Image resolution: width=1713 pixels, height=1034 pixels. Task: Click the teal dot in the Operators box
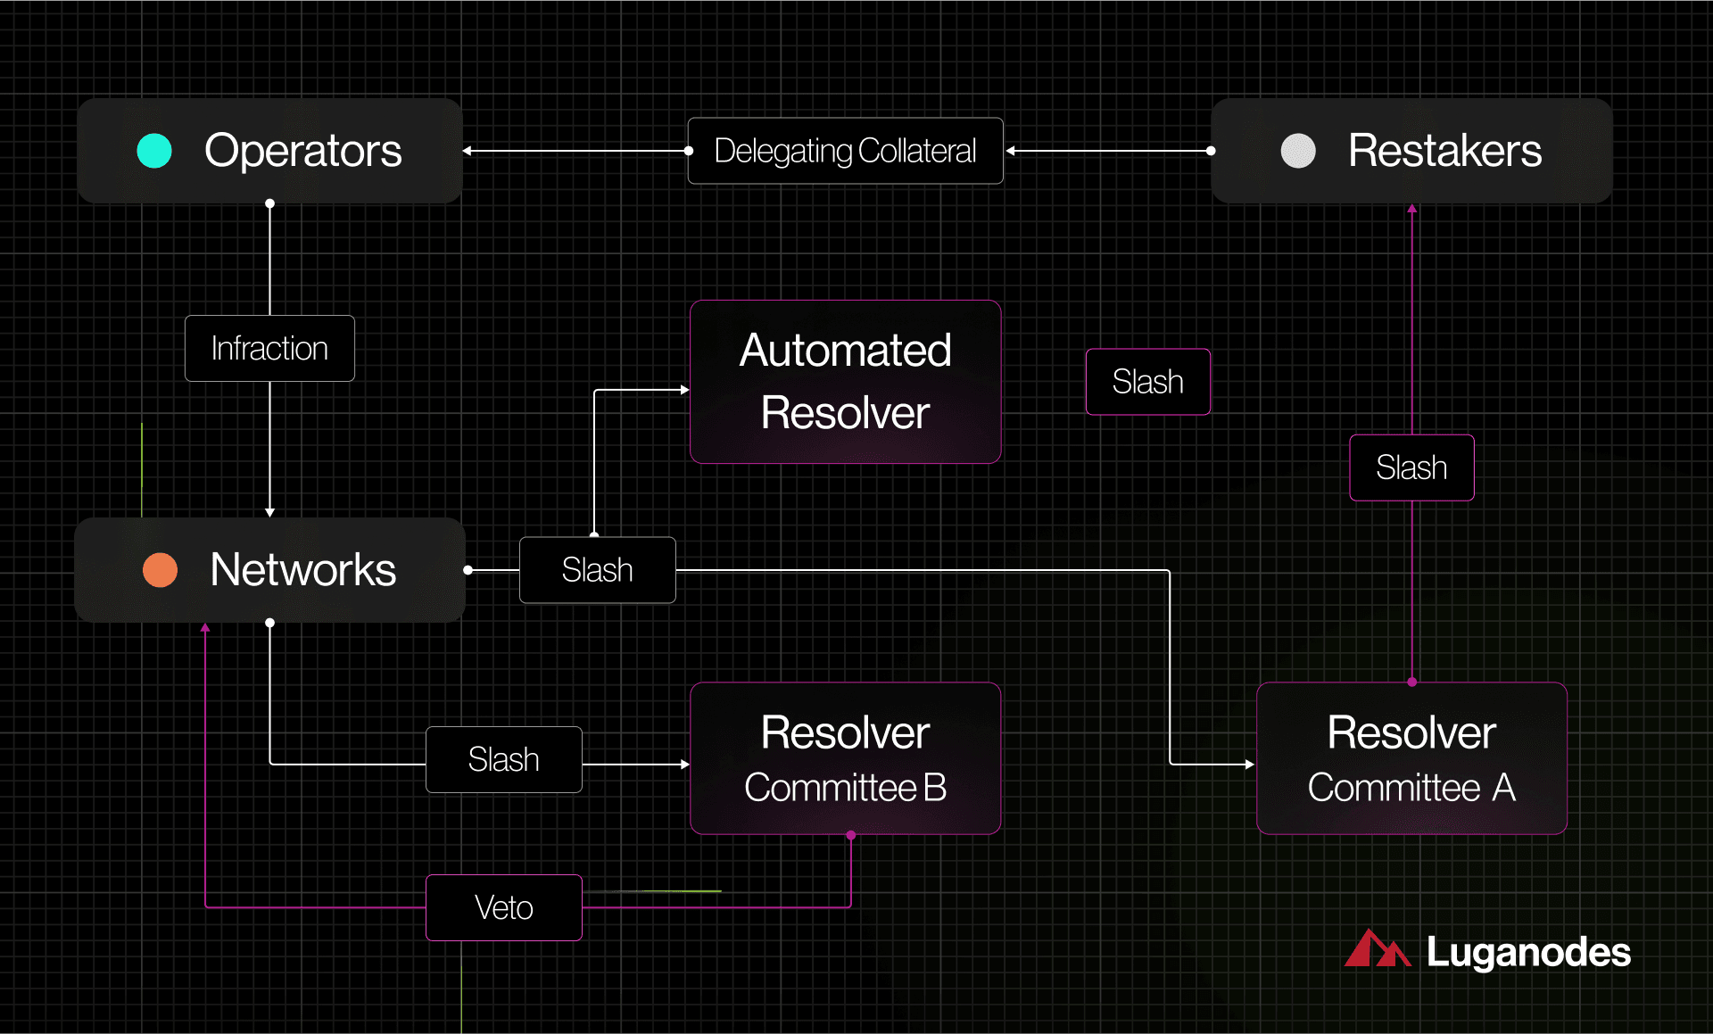(x=154, y=151)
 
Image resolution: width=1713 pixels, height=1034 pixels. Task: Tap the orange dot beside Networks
(x=161, y=570)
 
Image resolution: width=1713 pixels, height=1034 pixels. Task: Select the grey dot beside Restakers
(x=1298, y=151)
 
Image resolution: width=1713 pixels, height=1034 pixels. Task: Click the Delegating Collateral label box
(x=845, y=151)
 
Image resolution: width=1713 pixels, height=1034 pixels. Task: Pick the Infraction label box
(x=269, y=349)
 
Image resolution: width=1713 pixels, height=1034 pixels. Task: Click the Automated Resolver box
(x=845, y=382)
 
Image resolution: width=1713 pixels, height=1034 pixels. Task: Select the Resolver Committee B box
(x=845, y=758)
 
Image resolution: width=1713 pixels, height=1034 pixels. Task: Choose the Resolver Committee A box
(x=1411, y=758)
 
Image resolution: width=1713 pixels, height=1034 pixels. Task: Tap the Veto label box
(x=504, y=907)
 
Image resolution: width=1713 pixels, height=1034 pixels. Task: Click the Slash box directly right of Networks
(x=597, y=570)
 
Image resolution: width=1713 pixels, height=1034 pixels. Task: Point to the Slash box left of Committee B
(x=504, y=760)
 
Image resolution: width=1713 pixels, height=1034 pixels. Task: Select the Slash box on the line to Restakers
(x=1411, y=467)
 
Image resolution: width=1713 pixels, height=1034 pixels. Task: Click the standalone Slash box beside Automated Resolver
(x=1147, y=382)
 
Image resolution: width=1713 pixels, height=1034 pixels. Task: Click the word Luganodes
(x=1528, y=952)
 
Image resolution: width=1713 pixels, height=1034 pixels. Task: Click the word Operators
(x=302, y=151)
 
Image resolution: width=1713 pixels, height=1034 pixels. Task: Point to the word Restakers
(x=1444, y=151)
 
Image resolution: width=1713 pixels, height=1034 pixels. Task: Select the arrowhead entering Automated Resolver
(x=684, y=390)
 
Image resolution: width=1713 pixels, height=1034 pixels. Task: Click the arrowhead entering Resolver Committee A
(x=1250, y=765)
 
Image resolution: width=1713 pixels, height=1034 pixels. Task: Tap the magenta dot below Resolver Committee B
(x=851, y=836)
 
